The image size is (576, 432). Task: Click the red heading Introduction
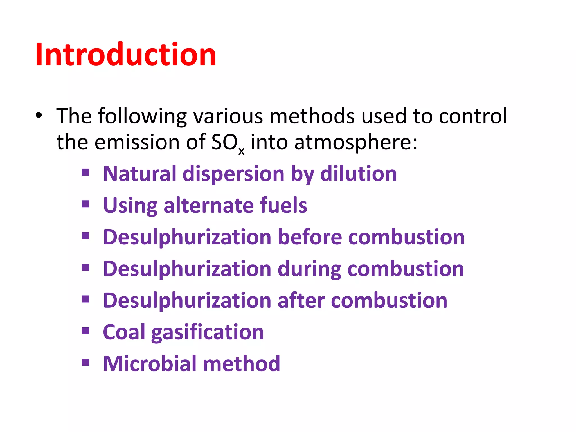click(x=126, y=54)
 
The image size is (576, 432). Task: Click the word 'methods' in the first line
click(x=312, y=116)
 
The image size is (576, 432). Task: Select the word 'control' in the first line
click(x=473, y=116)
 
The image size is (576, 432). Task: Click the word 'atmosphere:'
click(x=356, y=142)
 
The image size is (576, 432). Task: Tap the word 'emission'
click(x=137, y=142)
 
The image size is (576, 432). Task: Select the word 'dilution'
click(x=359, y=174)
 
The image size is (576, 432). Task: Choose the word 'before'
click(x=310, y=237)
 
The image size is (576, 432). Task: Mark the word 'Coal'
click(x=124, y=332)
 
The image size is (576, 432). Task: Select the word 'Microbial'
click(x=150, y=364)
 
